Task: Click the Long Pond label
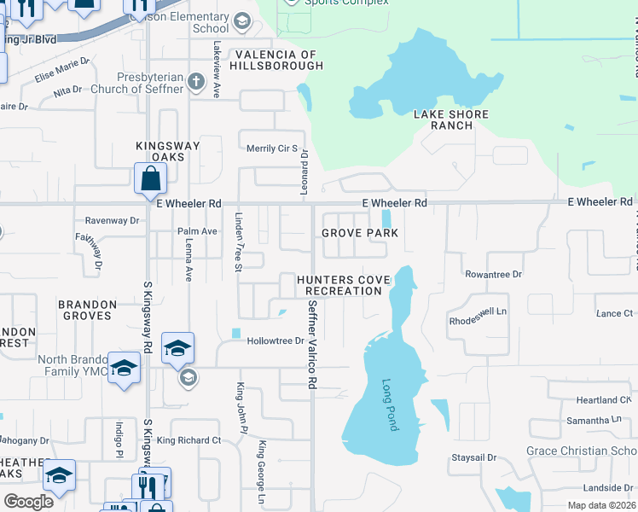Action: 390,404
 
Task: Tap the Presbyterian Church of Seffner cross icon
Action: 196,82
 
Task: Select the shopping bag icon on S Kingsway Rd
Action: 150,178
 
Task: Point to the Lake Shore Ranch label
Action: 451,119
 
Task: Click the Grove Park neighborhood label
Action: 360,233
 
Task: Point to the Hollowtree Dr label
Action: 275,341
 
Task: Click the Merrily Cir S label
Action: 270,148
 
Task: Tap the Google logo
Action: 28,501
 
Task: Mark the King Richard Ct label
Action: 188,440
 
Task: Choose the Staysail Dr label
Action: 473,458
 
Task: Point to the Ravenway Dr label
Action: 112,220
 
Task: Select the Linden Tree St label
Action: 239,243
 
